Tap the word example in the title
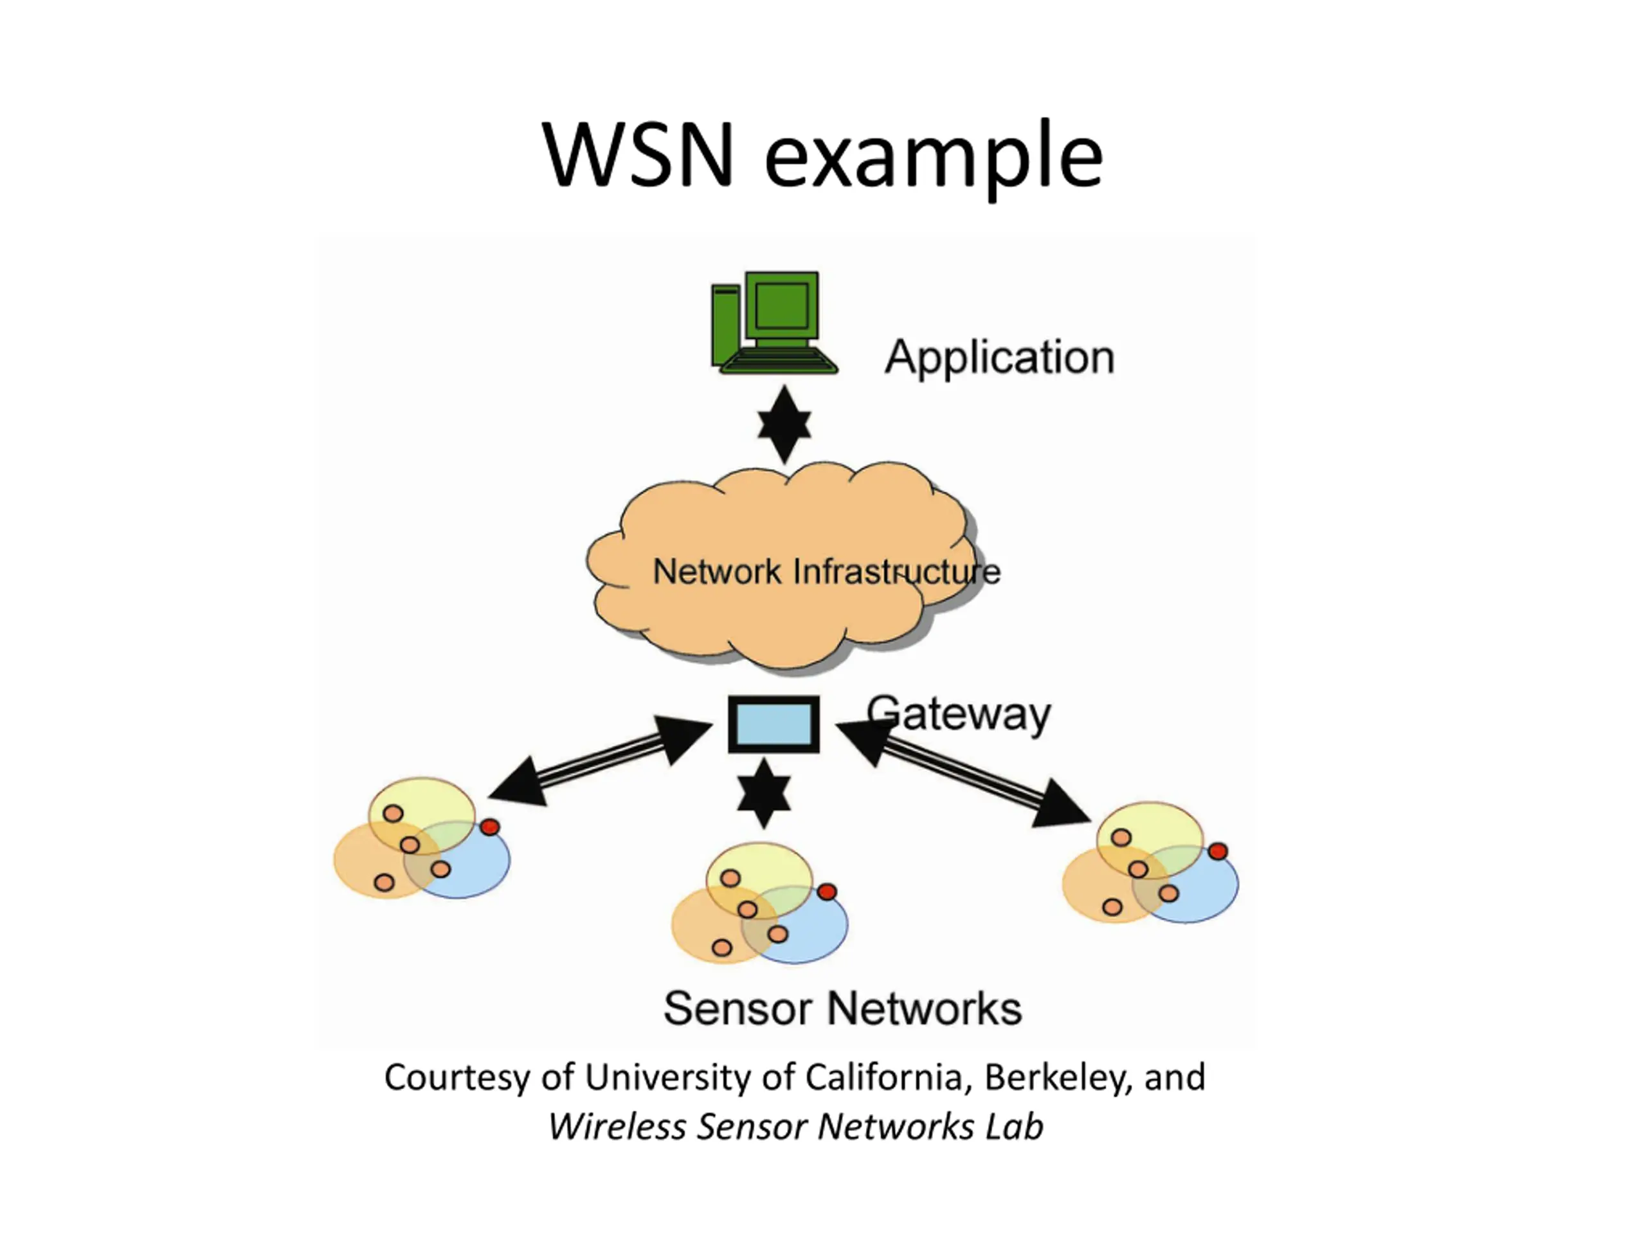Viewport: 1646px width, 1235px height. click(933, 158)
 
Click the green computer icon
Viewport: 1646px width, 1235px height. click(774, 322)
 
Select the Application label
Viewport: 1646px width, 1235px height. click(999, 358)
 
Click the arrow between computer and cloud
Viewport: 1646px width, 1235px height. click(784, 425)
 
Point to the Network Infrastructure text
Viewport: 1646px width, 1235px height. click(826, 572)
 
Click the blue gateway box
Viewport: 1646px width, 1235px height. click(773, 724)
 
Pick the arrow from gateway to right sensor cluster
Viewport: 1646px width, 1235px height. click(964, 774)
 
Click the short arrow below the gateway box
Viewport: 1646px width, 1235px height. click(763, 794)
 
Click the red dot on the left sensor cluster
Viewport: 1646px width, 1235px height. click(490, 827)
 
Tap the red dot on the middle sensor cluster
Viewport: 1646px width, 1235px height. click(827, 892)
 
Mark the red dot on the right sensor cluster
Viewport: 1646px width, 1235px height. click(1217, 852)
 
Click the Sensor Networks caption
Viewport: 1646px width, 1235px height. click(842, 1009)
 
